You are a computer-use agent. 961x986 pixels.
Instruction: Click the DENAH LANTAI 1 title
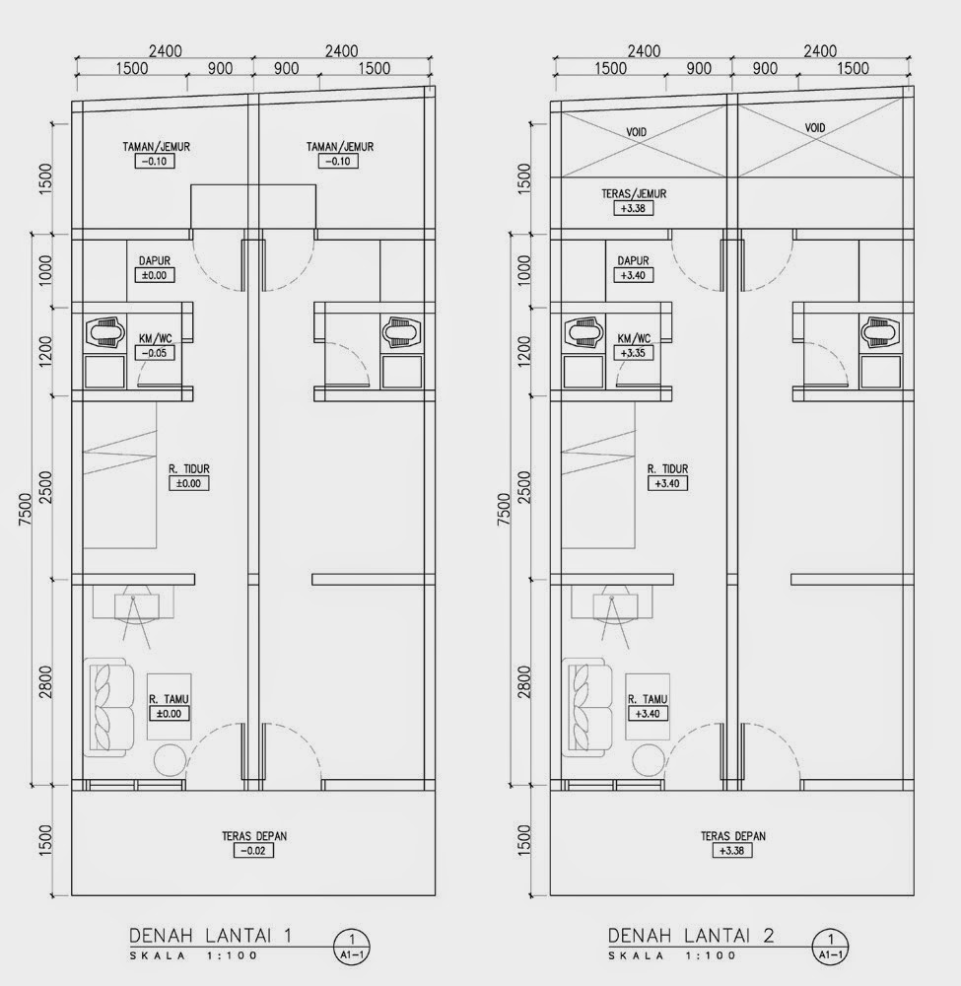(x=211, y=936)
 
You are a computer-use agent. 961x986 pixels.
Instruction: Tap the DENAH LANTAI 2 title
(x=691, y=936)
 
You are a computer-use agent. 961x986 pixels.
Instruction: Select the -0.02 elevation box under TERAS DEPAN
(x=254, y=851)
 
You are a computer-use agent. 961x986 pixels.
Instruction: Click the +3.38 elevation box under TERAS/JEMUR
(x=633, y=208)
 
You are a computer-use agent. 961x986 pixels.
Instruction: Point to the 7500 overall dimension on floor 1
(x=25, y=510)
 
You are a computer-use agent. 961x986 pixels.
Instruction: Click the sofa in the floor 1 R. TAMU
(x=108, y=707)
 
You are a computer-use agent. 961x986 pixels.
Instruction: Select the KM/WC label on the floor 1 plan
(x=156, y=339)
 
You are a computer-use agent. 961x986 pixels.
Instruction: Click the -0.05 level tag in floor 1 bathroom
(x=155, y=353)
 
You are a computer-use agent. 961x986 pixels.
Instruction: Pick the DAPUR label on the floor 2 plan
(x=633, y=261)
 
